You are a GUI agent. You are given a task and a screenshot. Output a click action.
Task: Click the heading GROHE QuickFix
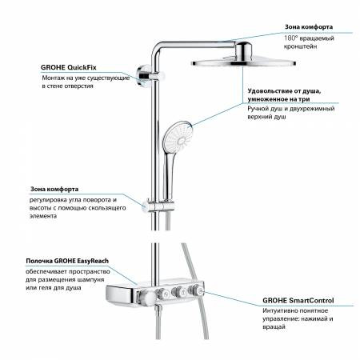pyautogui.click(x=71, y=67)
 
